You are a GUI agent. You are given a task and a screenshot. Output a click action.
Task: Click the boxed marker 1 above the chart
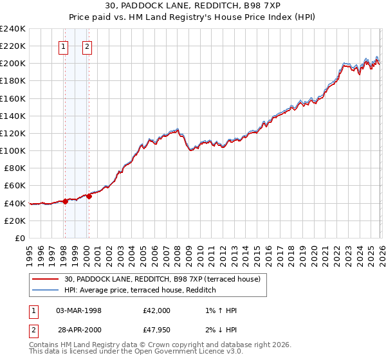point(64,46)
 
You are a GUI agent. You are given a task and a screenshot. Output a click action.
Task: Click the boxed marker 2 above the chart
point(87,46)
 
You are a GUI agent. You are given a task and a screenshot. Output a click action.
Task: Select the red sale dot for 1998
point(65,201)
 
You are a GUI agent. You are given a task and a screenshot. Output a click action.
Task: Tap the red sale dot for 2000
point(89,197)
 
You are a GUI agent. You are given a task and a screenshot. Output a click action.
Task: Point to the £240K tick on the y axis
point(13,29)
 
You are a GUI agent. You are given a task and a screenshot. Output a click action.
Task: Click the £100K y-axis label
point(13,150)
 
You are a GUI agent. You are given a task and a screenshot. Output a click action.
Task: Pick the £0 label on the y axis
point(20,238)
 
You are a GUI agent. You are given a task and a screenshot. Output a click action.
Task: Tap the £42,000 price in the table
point(156,310)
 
